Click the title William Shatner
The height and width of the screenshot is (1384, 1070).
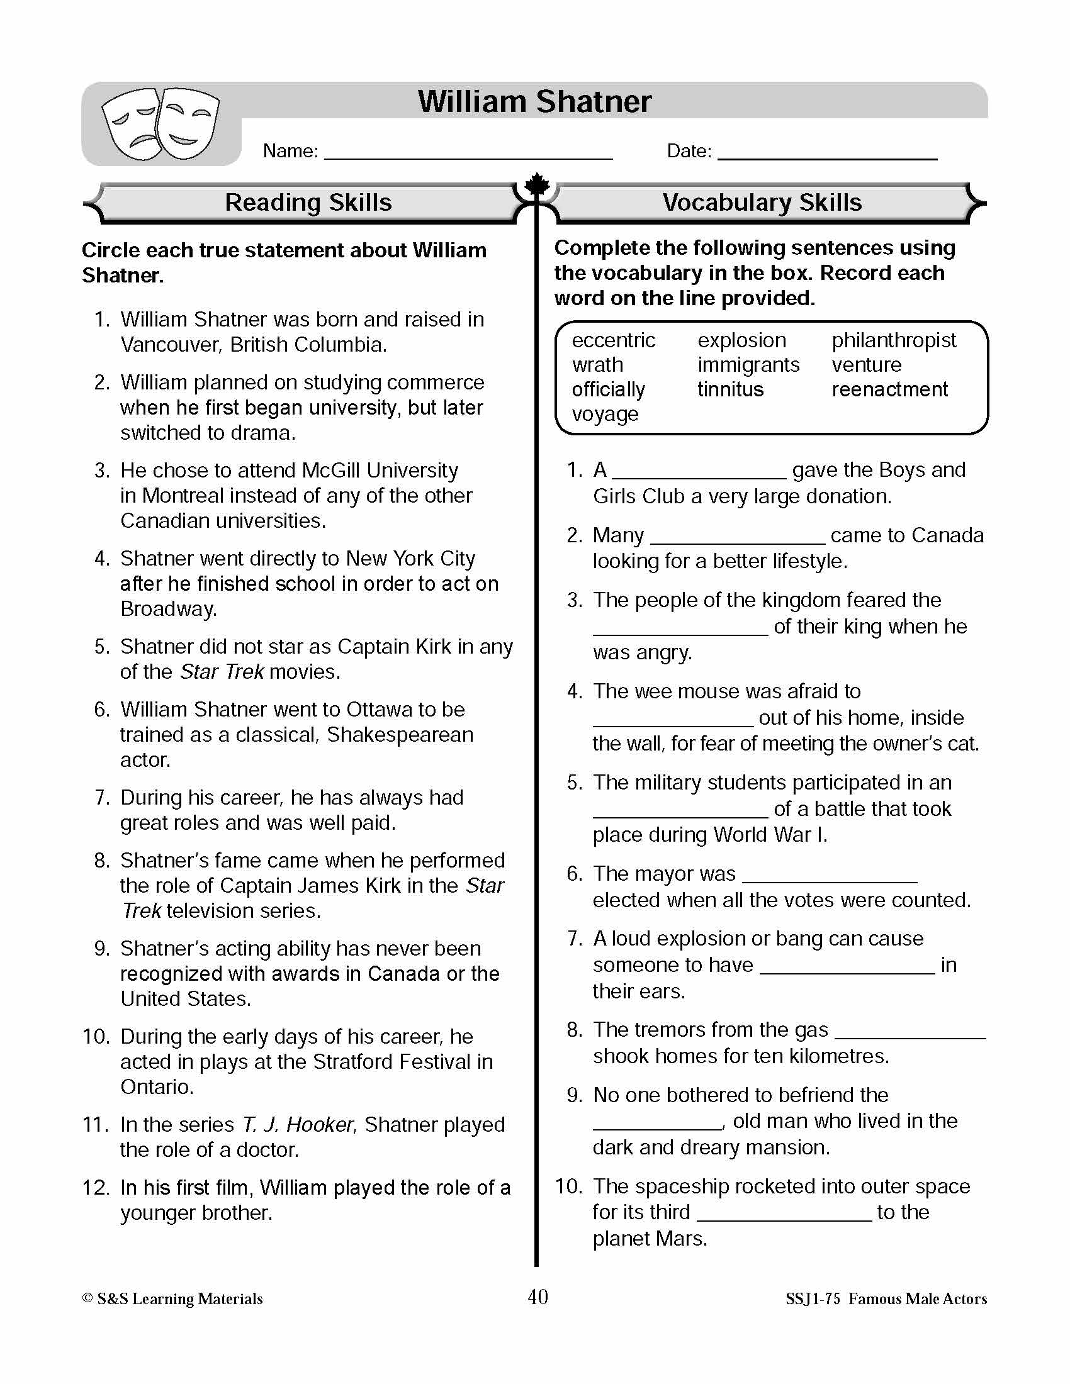534,101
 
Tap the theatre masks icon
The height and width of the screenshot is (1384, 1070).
160,123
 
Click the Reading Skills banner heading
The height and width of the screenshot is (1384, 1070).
308,203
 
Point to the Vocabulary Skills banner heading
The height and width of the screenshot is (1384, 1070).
762,203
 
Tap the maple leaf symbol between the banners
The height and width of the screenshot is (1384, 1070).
537,186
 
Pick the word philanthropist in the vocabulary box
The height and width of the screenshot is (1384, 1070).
893,340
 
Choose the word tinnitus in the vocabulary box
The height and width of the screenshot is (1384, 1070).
730,389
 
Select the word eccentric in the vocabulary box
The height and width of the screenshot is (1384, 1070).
613,340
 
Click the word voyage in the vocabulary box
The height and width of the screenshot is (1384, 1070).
605,414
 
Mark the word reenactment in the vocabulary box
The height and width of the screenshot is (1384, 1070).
889,389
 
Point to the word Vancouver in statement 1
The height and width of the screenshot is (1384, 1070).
170,345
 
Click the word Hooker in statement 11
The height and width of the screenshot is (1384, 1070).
320,1125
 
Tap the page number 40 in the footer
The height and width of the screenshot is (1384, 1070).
538,1297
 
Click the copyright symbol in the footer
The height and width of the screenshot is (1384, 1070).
87,1298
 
